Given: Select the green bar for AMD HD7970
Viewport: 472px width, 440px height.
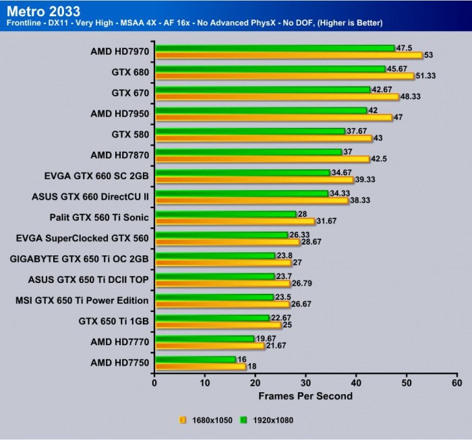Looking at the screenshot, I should tap(274, 48).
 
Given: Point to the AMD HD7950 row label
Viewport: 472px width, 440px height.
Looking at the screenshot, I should tap(119, 113).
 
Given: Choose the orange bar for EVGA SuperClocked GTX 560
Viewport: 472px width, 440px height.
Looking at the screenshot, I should tap(227, 242).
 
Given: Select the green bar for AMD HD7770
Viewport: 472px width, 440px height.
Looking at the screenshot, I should tap(204, 338).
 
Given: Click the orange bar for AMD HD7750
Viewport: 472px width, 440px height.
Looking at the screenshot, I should tap(200, 367).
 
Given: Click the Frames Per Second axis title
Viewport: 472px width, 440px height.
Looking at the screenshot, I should tap(305, 396).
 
